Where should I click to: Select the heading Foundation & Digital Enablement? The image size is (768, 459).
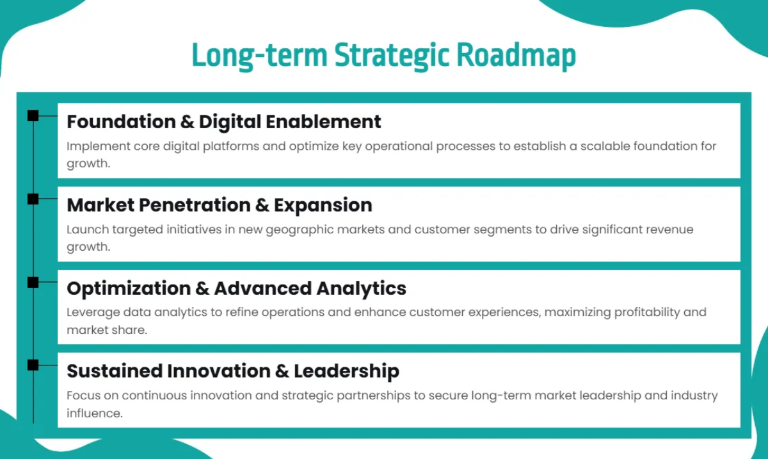(x=223, y=122)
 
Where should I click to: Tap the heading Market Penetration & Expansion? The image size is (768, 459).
(x=219, y=205)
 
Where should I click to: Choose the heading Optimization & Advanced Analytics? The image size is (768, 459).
(x=236, y=288)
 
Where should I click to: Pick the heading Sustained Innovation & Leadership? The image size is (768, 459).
(x=233, y=371)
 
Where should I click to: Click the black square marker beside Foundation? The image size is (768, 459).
(x=33, y=116)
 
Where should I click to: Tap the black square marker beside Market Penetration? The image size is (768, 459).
(x=33, y=199)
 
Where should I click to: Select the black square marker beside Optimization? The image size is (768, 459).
(x=33, y=282)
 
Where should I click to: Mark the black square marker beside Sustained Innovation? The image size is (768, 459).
(x=33, y=365)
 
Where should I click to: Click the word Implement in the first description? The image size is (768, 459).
(x=90, y=146)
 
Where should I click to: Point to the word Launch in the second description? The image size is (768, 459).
(x=84, y=229)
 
